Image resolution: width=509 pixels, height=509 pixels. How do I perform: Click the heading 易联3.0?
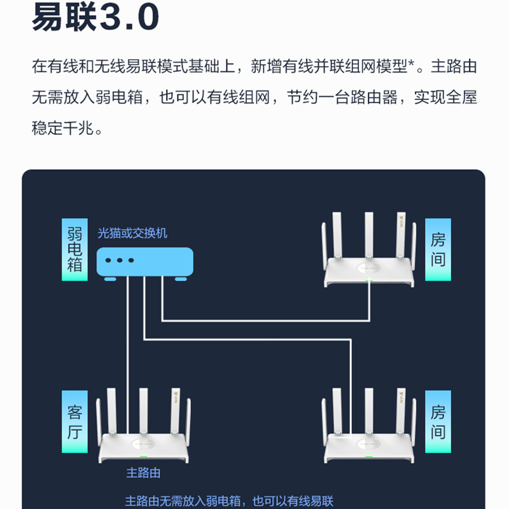coord(95,18)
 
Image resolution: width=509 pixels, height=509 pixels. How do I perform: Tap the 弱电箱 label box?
coord(74,250)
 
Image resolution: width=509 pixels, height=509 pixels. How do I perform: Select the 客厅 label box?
coord(74,422)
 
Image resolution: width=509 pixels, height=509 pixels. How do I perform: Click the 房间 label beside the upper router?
coord(438,249)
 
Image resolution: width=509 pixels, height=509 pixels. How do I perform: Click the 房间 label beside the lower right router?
coord(438,421)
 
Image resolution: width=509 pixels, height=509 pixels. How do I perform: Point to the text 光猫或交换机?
coord(132,234)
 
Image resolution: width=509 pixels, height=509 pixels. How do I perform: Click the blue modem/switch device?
coord(144,261)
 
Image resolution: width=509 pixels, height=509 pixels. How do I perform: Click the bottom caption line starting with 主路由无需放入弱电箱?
coord(229,501)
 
